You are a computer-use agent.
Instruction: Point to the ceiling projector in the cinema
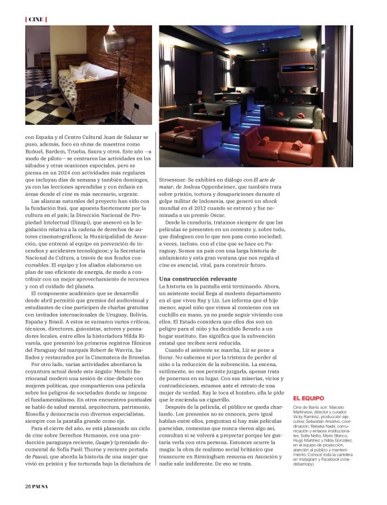point(262,48)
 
